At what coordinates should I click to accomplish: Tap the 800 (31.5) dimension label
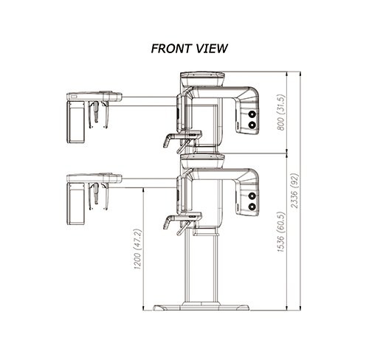tap(280, 112)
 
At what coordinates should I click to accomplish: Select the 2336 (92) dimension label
tap(294, 190)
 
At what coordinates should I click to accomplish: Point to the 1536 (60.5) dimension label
tap(280, 232)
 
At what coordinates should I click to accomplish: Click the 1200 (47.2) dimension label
tap(137, 249)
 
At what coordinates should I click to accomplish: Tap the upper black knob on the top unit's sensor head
tap(252, 114)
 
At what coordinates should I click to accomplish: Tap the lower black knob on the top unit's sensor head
tap(252, 125)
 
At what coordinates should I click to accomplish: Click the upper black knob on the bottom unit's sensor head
tap(252, 195)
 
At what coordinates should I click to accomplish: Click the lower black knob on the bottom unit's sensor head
tap(252, 207)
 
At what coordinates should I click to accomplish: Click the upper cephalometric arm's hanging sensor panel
tap(76, 122)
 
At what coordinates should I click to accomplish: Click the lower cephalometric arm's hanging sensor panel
tap(76, 204)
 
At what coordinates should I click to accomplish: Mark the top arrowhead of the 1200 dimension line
tap(143, 190)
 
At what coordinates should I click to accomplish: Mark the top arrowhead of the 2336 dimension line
tap(300, 74)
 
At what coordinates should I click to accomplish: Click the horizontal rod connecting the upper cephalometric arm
tap(149, 101)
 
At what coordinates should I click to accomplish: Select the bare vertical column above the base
tap(201, 269)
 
